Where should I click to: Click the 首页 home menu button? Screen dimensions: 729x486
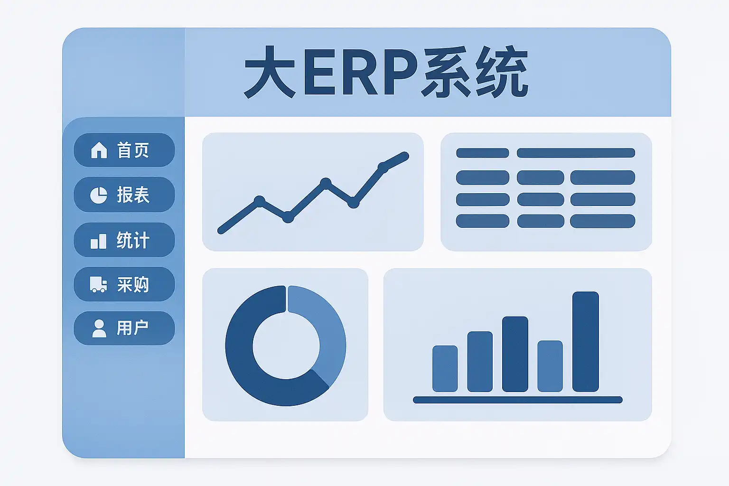click(x=124, y=150)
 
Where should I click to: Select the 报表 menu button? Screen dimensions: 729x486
click(x=124, y=195)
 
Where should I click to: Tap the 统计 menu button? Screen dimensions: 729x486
click(x=124, y=240)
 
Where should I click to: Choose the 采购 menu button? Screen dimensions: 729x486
click(x=124, y=284)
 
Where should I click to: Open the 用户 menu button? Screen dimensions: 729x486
click(x=124, y=328)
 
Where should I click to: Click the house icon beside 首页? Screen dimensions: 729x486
click(x=99, y=150)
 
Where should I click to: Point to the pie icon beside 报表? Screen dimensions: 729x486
click(x=99, y=195)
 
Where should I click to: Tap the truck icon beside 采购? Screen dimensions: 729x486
click(x=98, y=284)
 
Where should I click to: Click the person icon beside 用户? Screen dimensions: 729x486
click(x=99, y=328)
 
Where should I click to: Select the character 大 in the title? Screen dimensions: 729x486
click(x=270, y=72)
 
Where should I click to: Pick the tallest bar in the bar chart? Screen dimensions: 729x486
click(x=586, y=341)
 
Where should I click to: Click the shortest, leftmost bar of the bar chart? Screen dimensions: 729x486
click(x=445, y=368)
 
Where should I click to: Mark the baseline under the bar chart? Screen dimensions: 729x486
click(x=518, y=400)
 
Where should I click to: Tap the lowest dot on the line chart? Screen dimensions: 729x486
click(x=288, y=217)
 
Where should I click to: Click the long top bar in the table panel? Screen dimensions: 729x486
click(x=576, y=153)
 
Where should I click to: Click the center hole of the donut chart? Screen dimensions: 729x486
click(x=286, y=346)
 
